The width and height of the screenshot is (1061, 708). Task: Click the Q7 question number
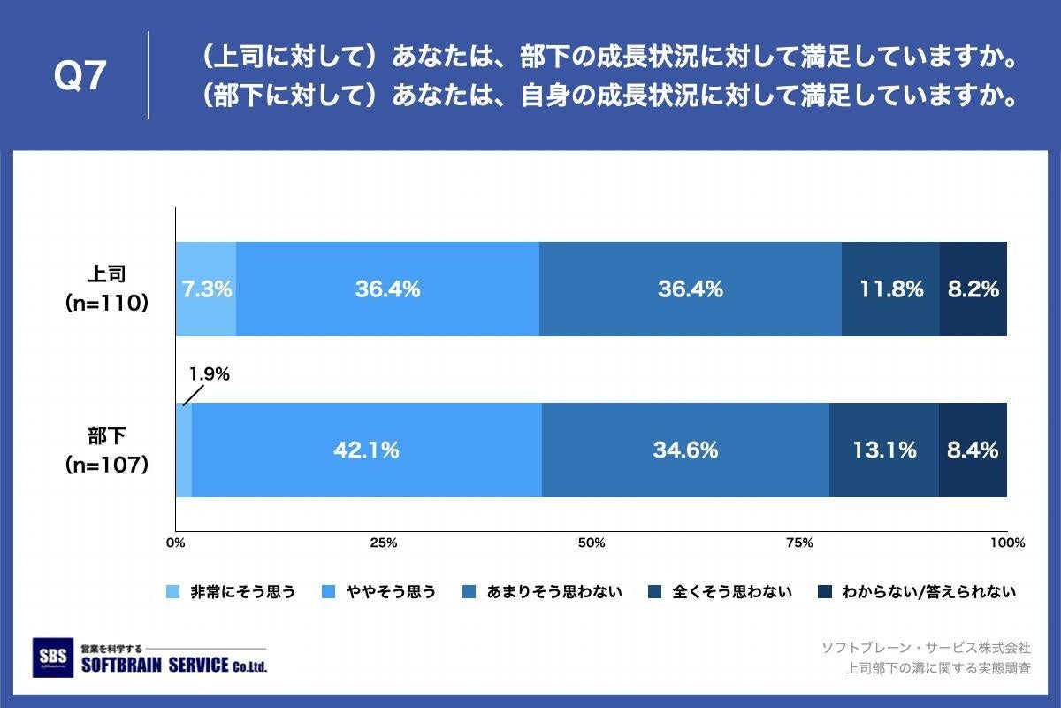pyautogui.click(x=80, y=77)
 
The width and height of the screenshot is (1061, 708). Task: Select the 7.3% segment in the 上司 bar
pyautogui.click(x=206, y=289)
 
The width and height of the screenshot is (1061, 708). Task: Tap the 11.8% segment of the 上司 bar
pyautogui.click(x=890, y=289)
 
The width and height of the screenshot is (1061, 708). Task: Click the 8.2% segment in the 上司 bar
pyautogui.click(x=973, y=289)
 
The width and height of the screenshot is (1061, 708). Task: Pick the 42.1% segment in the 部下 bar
pyautogui.click(x=366, y=450)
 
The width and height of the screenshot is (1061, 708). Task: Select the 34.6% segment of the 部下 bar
pyautogui.click(x=685, y=450)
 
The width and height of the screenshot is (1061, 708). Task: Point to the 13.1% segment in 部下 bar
pyautogui.click(x=884, y=450)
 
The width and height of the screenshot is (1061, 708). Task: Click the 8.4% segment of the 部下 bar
pyautogui.click(x=973, y=450)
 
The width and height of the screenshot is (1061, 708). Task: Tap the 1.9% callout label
pyautogui.click(x=210, y=373)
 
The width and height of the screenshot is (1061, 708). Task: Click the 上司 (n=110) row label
pyautogui.click(x=106, y=289)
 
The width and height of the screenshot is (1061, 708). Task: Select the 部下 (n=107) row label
pyautogui.click(x=106, y=450)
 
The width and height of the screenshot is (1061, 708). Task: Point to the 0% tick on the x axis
pyautogui.click(x=175, y=543)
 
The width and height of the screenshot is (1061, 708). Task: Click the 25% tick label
pyautogui.click(x=383, y=543)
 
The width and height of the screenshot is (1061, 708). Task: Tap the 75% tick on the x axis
pyautogui.click(x=799, y=543)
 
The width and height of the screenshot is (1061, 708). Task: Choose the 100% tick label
pyautogui.click(x=1006, y=543)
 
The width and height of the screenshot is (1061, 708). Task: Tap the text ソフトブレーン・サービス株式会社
pyautogui.click(x=926, y=648)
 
